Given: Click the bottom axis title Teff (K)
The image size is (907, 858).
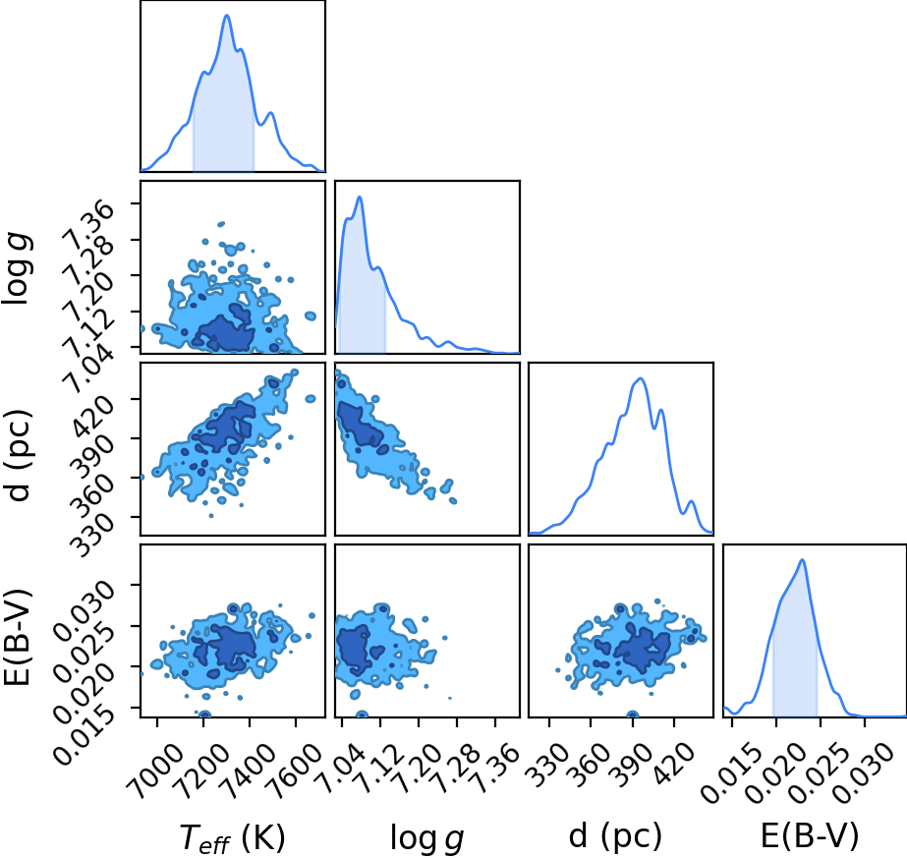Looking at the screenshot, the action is tap(233, 837).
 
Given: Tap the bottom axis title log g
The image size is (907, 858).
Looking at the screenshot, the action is tap(426, 837).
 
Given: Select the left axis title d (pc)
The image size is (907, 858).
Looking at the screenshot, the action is tap(18, 455).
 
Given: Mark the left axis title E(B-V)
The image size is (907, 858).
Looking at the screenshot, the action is tap(18, 637).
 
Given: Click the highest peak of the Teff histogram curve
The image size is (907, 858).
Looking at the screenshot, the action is tap(227, 15).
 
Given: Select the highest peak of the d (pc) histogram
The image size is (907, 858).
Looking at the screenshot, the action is tap(641, 378).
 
